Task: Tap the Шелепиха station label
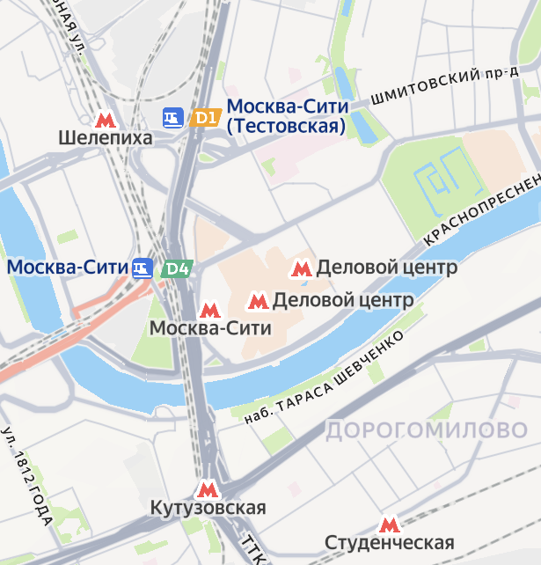[106, 138]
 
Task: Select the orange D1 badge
[205, 117]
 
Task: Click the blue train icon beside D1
[173, 117]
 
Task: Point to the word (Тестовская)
[286, 127]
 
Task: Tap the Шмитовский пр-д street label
[444, 85]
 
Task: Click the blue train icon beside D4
[143, 268]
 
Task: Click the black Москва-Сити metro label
[210, 329]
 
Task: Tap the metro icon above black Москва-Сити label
[209, 310]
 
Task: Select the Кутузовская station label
[208, 509]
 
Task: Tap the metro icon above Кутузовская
[208, 489]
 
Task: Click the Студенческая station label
[389, 542]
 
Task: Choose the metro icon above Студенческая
[388, 525]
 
